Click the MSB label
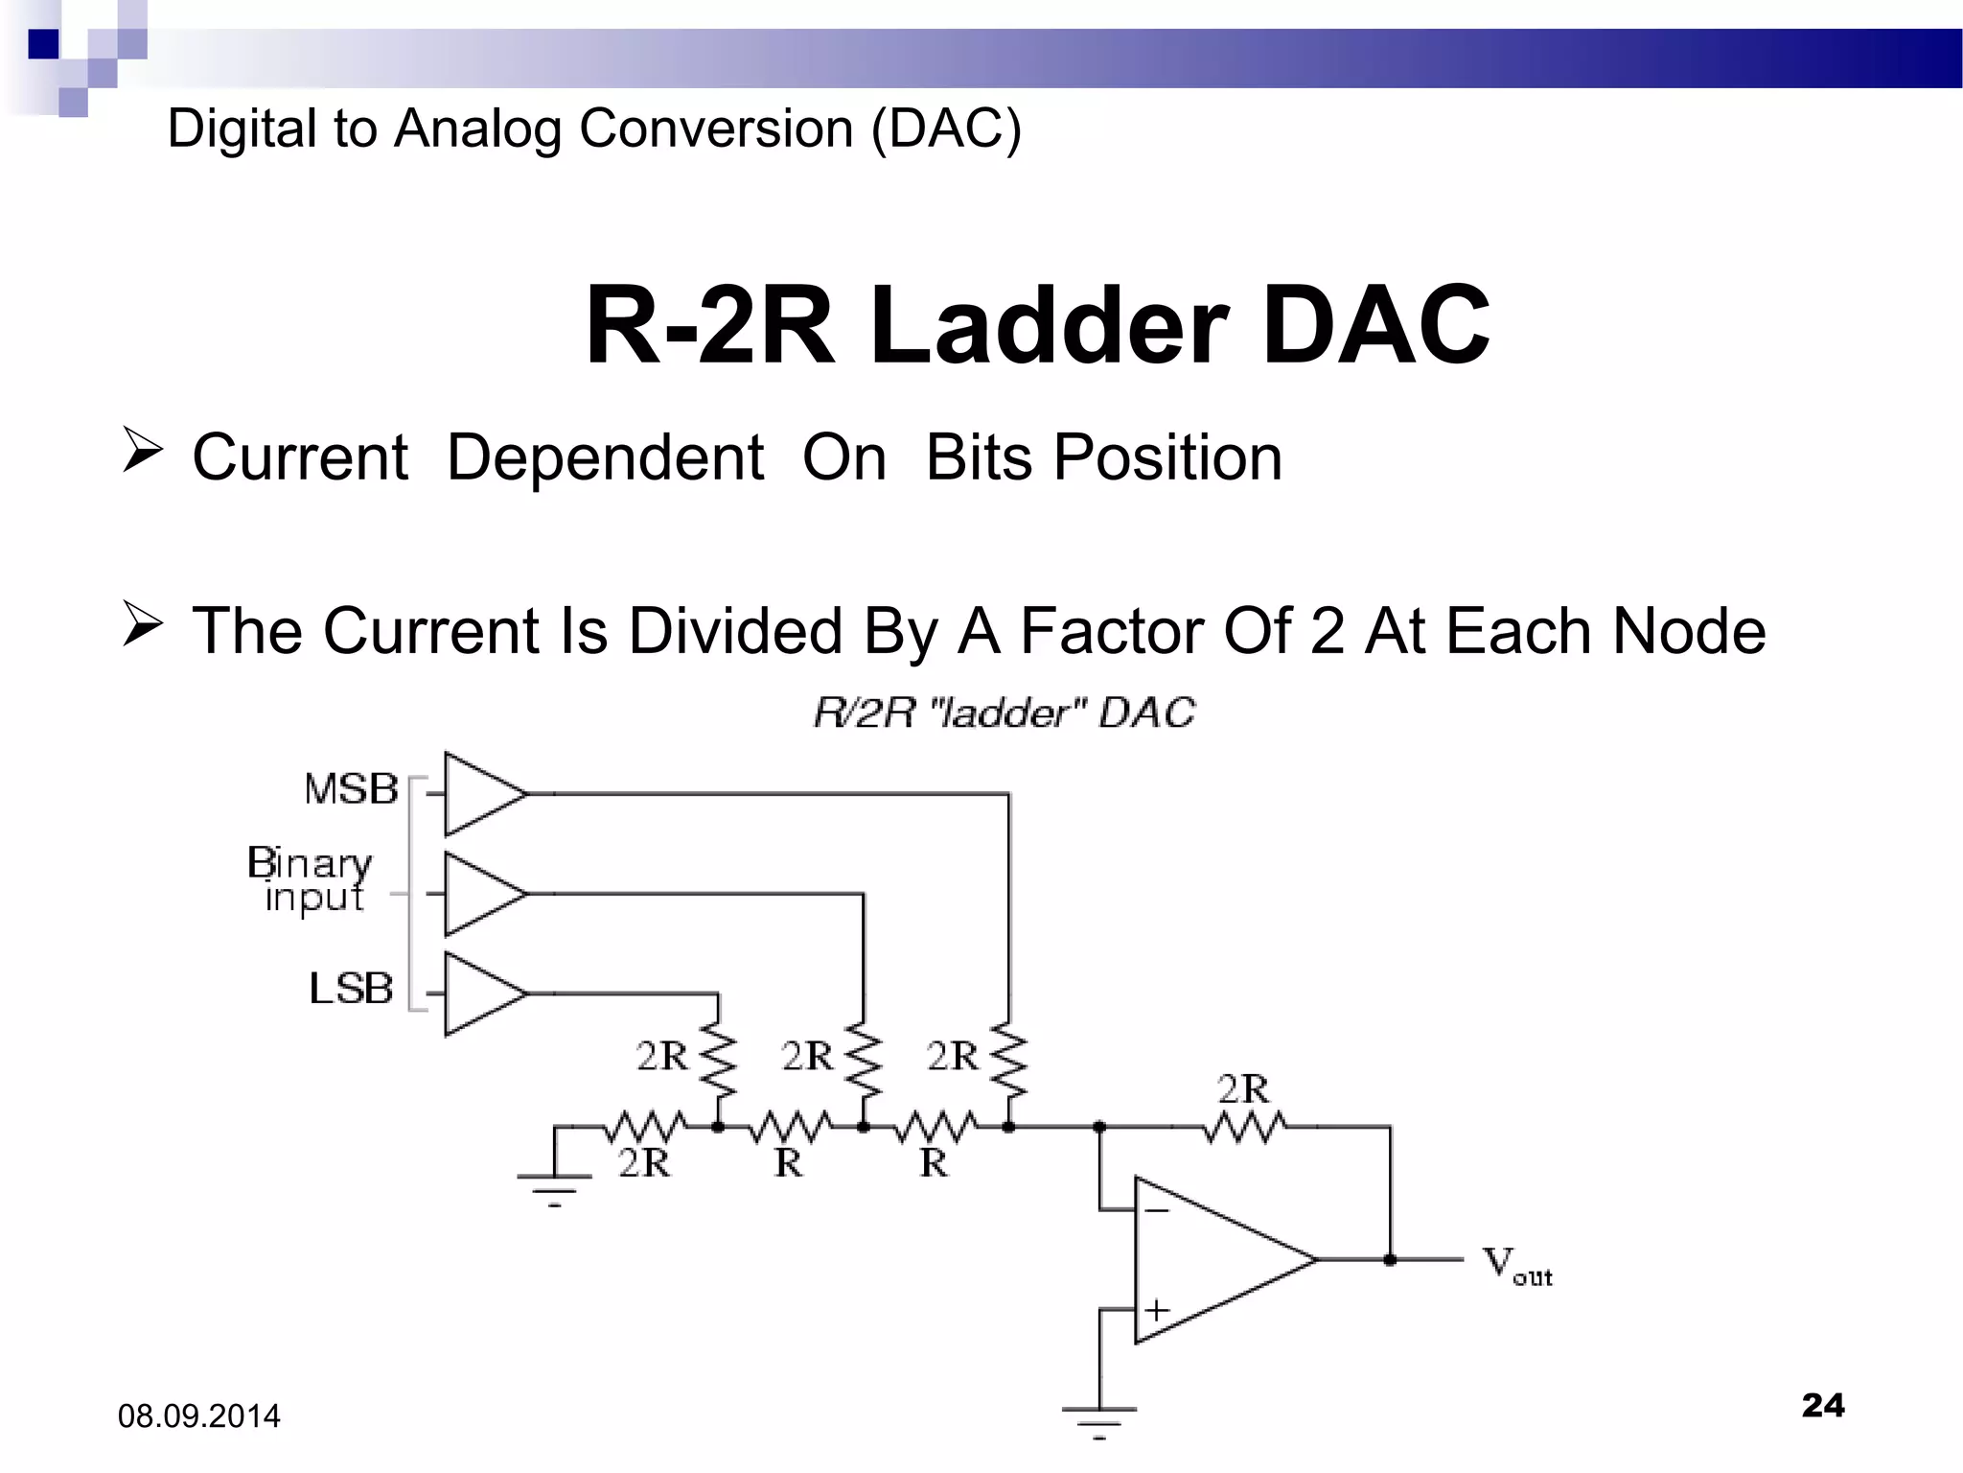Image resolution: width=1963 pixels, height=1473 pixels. coord(351,790)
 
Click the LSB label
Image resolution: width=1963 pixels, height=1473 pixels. coord(351,989)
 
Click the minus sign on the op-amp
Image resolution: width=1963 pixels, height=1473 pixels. coord(1157,1210)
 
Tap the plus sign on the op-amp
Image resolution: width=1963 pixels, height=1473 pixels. coord(1157,1309)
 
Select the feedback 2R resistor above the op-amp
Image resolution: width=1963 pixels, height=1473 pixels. coord(1244,1127)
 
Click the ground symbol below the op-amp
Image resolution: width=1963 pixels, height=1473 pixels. coord(1099,1415)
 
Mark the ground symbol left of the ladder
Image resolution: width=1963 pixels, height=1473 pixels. coord(554,1185)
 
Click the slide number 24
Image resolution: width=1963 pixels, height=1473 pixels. coord(1823,1405)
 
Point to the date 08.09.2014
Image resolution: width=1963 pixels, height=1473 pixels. coord(199,1416)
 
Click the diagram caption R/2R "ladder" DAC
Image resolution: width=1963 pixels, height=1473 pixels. coord(1004,713)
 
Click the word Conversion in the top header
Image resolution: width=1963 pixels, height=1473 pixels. coord(716,128)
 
